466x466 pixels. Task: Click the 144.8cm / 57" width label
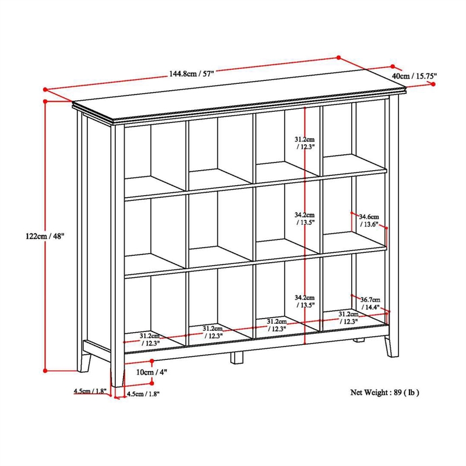pos(192,74)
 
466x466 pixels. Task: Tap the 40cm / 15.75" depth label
pos(414,76)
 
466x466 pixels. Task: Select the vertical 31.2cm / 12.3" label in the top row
pos(304,143)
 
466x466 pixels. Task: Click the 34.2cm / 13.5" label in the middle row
pos(304,218)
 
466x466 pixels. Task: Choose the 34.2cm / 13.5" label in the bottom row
pos(304,301)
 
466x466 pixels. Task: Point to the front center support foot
pos(236,357)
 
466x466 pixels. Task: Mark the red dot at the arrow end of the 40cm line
pos(434,84)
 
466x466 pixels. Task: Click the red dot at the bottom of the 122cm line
pos(45,369)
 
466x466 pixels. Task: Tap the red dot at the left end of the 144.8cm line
pos(45,89)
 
